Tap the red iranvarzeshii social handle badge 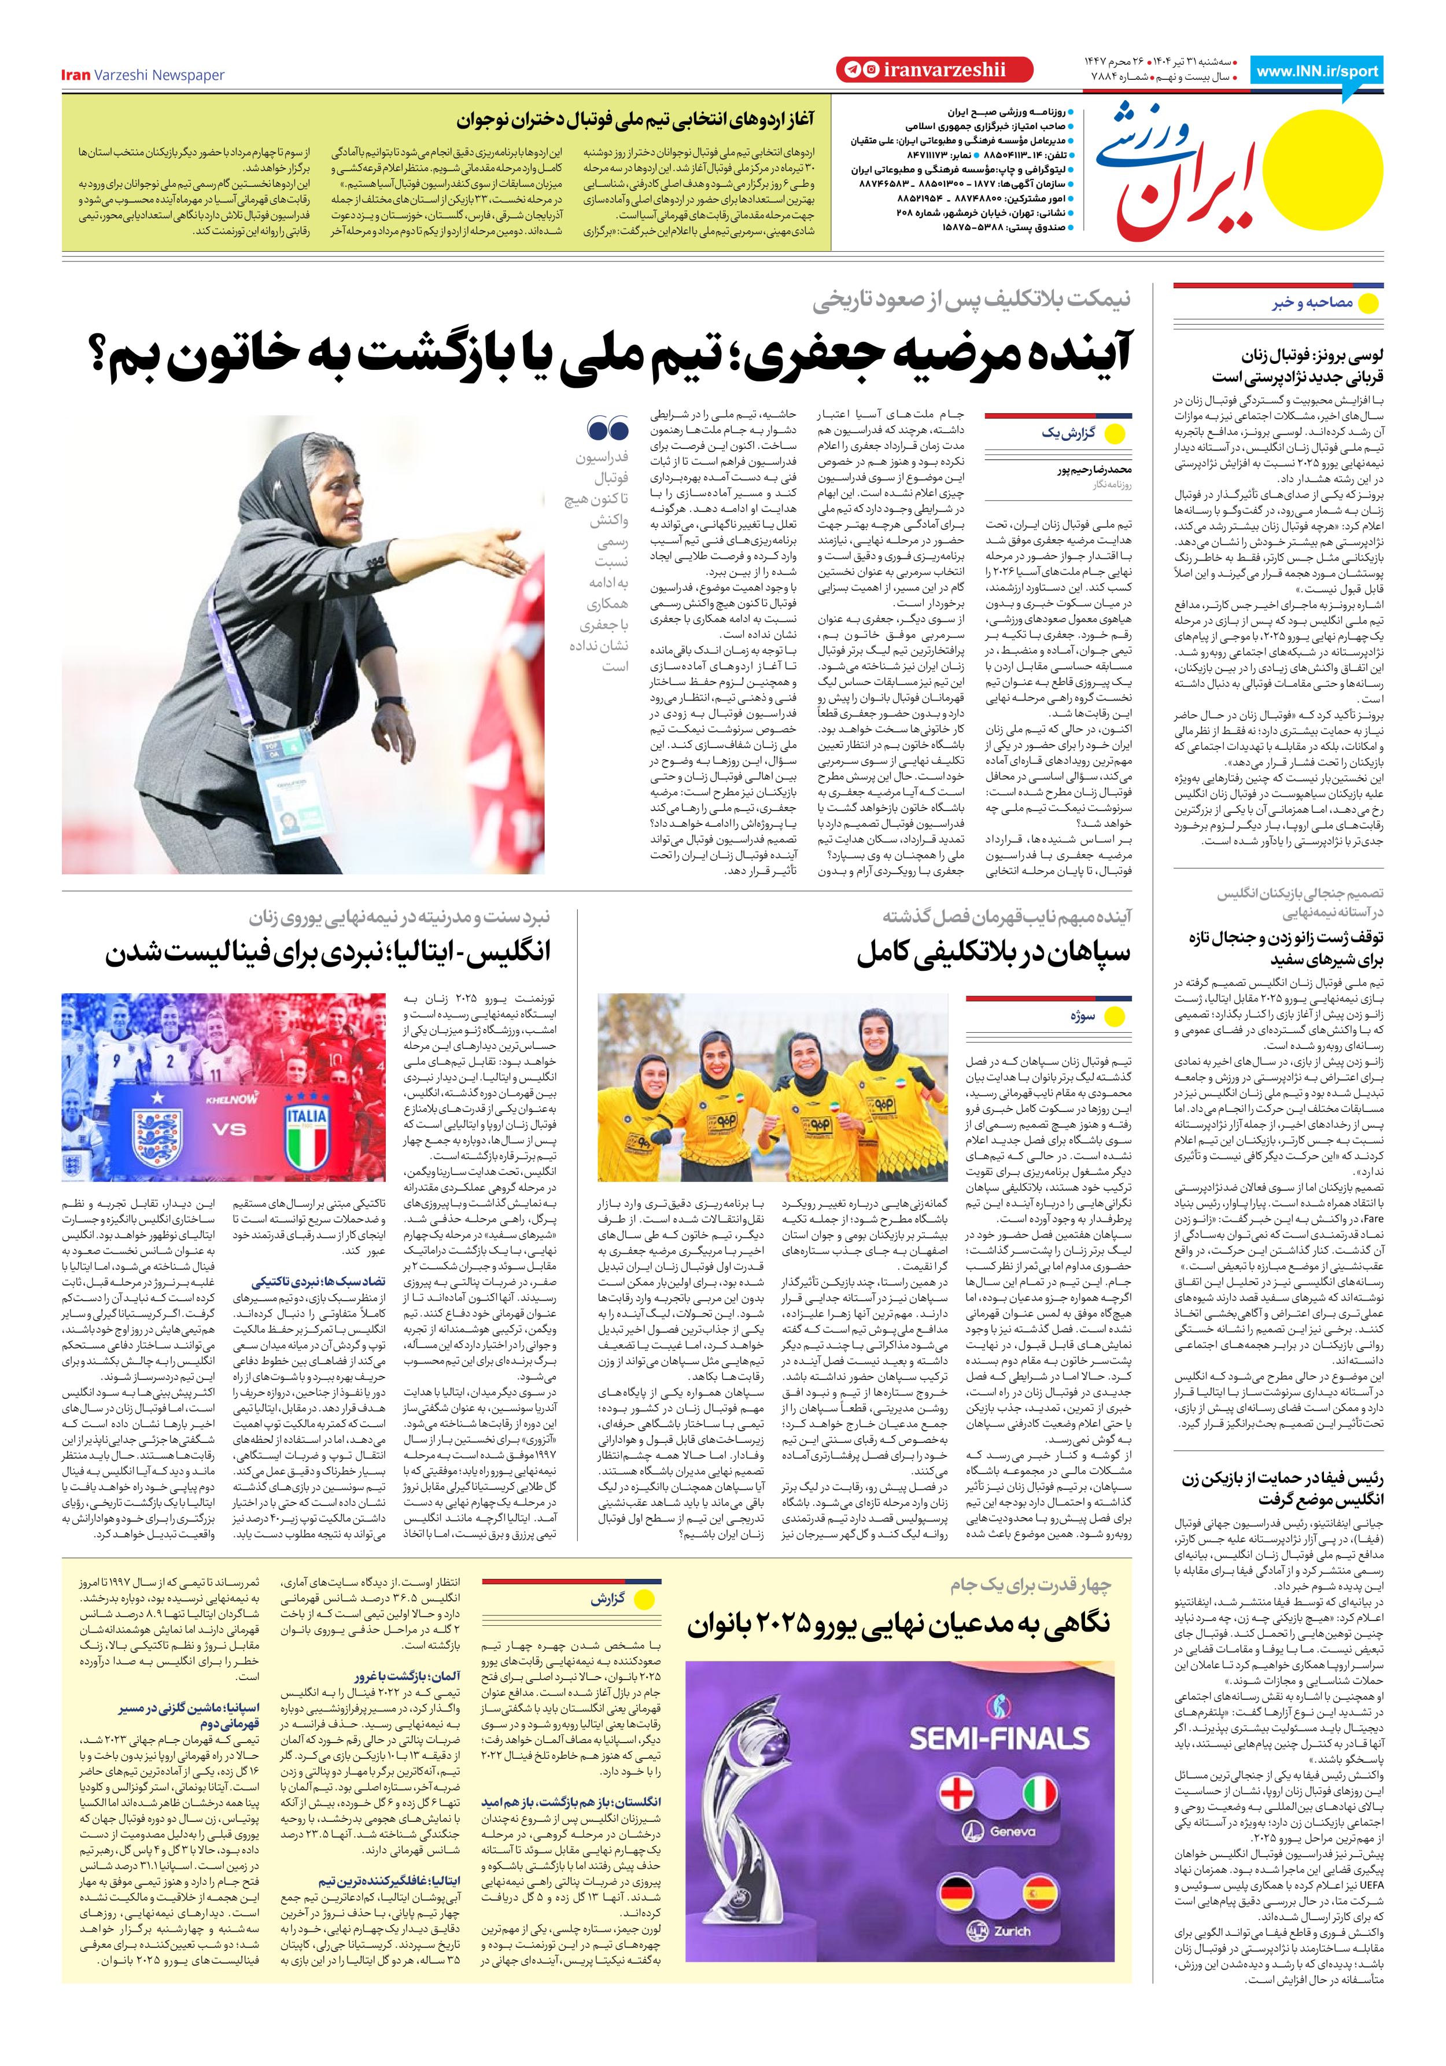click(934, 70)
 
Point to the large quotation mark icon click(607, 428)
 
